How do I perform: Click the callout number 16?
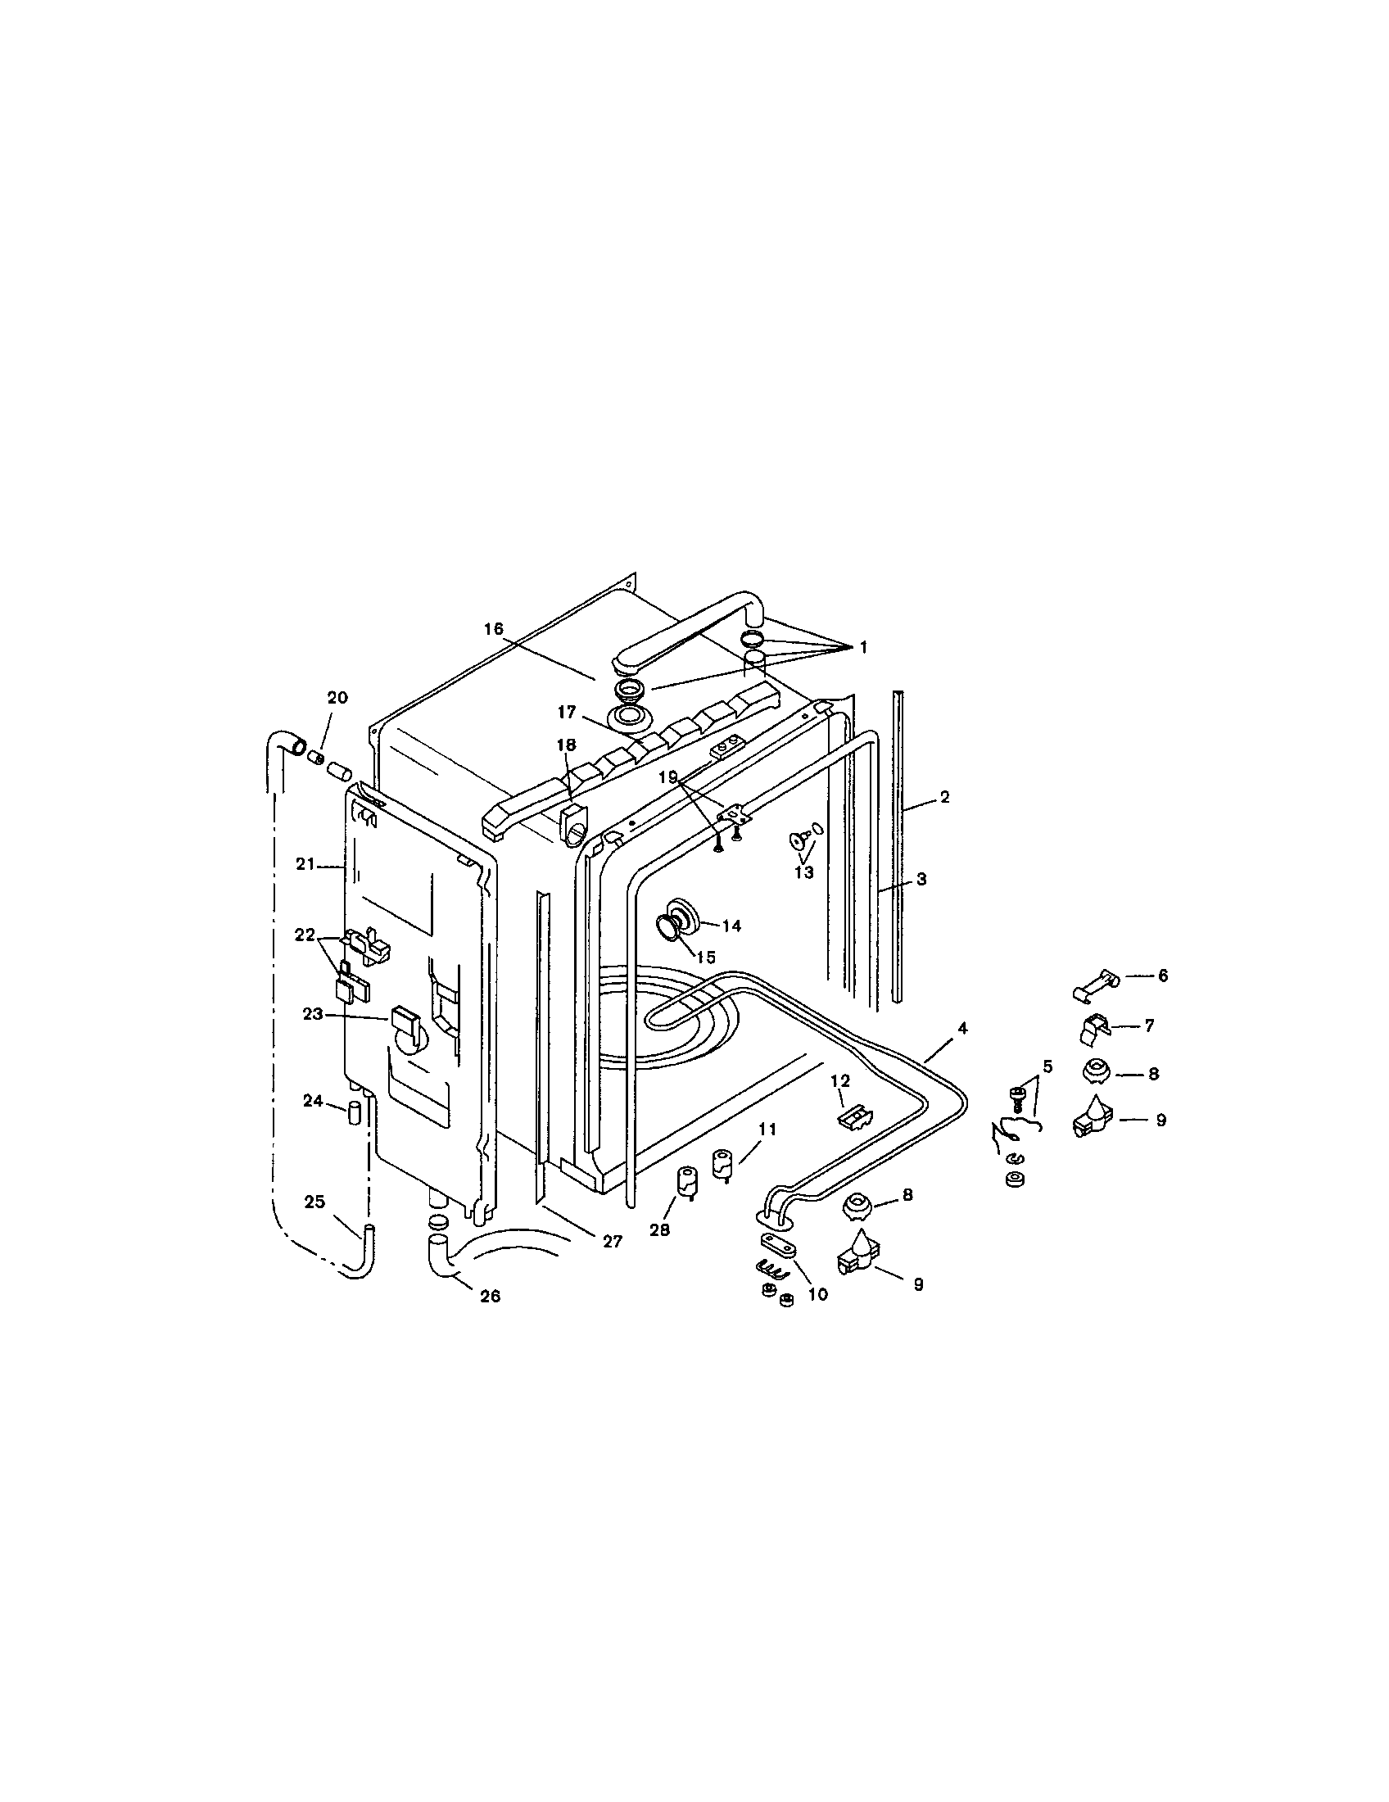(493, 629)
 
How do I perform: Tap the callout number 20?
(337, 697)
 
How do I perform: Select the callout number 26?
(490, 1297)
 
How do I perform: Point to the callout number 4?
(961, 1028)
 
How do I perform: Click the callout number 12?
(839, 1080)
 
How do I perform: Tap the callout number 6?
(1163, 976)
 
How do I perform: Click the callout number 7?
(1149, 1026)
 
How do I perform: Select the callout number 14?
(731, 926)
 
